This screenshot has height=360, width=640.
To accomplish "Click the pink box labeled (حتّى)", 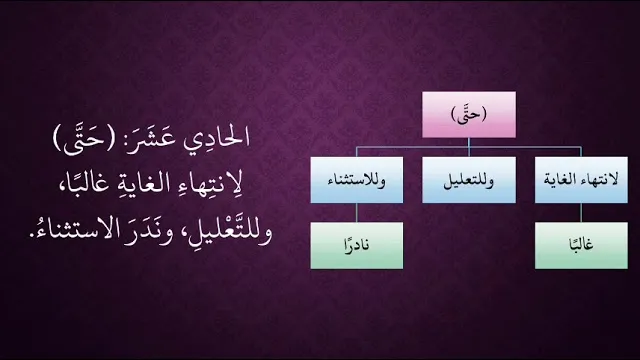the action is pos(469,115).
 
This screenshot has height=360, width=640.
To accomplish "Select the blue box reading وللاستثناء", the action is pos(357,180).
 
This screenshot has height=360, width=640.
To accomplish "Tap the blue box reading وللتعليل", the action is pos(469,180).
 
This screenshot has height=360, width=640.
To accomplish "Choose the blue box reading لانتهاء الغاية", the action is pos(581,180).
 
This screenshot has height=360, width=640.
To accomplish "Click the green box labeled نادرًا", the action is pos(357,245).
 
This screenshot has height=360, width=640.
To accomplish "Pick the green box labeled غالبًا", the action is pos(581,245).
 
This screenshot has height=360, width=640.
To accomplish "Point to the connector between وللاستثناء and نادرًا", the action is pos(357,213).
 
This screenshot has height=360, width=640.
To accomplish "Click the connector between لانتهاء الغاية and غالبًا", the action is pos(581,213).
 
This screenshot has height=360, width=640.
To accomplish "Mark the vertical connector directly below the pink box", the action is pos(469,147).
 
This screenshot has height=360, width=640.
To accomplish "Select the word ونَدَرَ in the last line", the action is pos(152,232).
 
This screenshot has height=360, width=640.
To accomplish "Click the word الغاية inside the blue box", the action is pos(560,179).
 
